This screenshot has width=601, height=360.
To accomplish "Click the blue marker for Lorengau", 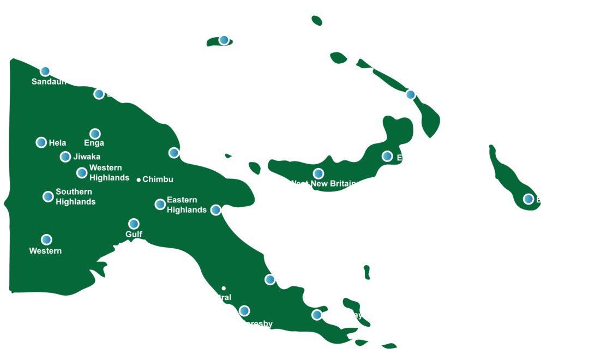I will coord(224,40).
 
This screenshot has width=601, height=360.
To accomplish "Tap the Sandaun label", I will coord(49,82).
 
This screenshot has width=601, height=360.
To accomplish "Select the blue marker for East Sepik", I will coord(99,94).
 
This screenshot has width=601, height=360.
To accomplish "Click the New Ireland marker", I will coord(411,95).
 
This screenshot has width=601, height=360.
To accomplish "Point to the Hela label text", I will coord(57,143).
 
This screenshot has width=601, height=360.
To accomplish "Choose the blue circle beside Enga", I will coord(95,134).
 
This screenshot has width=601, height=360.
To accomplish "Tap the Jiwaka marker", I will coord(65,157).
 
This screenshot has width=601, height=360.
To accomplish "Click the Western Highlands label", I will coord(109,173).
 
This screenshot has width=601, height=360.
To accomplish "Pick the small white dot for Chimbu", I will coord(139,179).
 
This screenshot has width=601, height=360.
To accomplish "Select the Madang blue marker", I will coord(174,153).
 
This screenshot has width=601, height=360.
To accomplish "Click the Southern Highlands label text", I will coord(75,197).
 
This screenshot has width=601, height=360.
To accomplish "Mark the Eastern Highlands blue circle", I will coord(160,204).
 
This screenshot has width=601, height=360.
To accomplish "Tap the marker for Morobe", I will coord(216,210).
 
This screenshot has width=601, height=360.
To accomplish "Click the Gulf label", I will coord(134,235).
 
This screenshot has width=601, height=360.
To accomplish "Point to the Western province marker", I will coord(46,239).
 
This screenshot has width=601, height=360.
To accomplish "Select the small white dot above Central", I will coord(224,288).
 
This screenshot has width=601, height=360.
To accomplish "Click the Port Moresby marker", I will coord(244,311).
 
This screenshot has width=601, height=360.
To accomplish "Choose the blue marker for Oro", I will coord(270,279).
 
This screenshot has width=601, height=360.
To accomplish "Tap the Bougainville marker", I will coord(528,199).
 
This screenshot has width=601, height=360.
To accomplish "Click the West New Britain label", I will coord(322,184).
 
